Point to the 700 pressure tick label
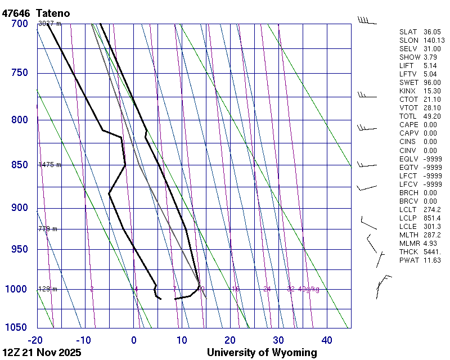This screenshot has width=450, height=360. coord(19,24)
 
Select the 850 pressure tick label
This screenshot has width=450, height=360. coord(19,165)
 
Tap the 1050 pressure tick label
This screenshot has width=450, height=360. coord(17,327)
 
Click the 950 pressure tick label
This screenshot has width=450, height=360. coord(19,249)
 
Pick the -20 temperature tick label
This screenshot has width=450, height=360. coord(35,340)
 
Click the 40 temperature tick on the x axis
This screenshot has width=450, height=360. coord(327,340)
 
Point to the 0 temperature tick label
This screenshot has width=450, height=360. coord(134,340)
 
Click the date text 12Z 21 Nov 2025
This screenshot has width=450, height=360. coord(42,353)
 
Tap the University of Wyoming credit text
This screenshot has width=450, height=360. coord(262,353)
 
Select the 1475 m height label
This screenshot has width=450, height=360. coord(49,165)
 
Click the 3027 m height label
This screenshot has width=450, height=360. coord(49,24)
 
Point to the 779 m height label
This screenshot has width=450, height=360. coord(47,229)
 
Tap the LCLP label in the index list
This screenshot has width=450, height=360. coord(408,218)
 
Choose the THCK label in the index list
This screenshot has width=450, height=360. coord(408,251)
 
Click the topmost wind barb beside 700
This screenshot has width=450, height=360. coord(367,21)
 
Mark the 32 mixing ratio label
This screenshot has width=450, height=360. coord(291,289)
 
